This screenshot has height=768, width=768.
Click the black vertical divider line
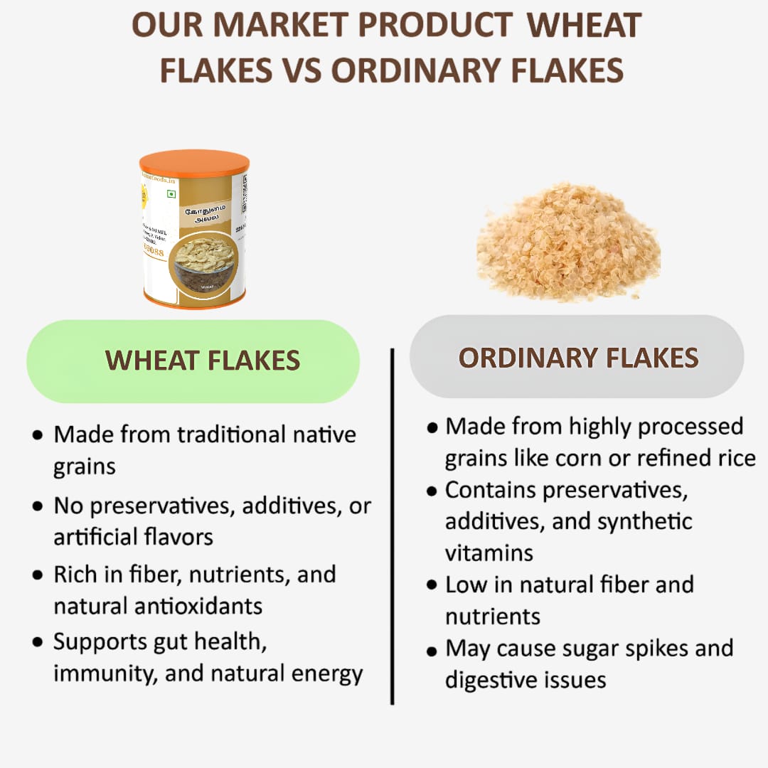click(392, 526)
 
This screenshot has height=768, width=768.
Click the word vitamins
click(489, 553)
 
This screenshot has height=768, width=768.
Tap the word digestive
click(489, 679)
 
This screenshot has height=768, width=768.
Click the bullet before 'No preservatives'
click(37, 507)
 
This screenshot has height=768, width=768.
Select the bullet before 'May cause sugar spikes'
click(431, 650)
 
